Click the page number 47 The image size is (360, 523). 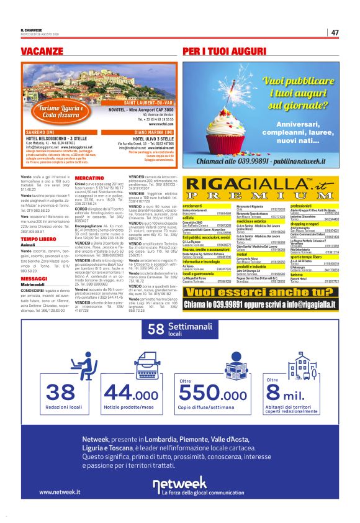pos(335,32)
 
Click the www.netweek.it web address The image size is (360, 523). pos(60,491)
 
